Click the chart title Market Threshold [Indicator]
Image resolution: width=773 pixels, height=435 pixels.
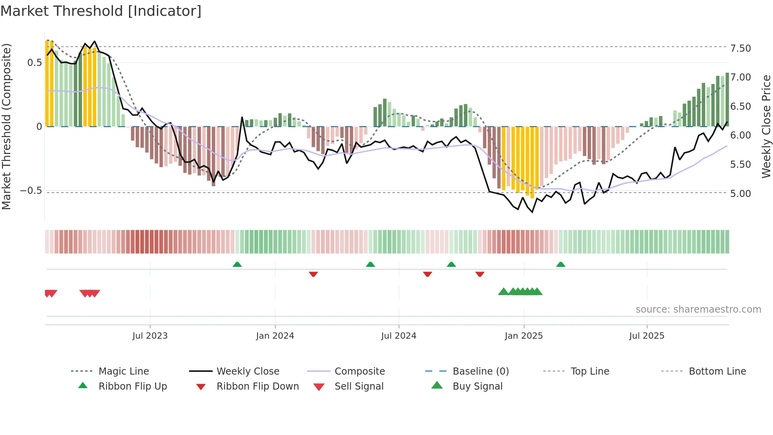click(101, 11)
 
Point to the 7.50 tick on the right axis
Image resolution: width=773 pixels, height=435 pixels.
click(740, 48)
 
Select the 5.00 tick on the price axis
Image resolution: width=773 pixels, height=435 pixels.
click(740, 193)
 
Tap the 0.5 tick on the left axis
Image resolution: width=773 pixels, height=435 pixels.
click(34, 63)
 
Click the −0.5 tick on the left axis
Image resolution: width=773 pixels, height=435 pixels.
click(31, 191)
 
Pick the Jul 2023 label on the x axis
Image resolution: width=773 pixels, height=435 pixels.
click(150, 336)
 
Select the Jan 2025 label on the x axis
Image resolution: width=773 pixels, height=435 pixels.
click(523, 336)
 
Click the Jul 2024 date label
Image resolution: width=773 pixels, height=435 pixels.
click(398, 336)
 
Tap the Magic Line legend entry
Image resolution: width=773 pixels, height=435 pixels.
click(123, 371)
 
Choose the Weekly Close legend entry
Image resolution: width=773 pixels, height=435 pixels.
click(248, 371)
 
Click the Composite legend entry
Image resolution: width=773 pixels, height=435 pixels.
click(359, 371)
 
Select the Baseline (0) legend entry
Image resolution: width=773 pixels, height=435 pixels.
click(480, 371)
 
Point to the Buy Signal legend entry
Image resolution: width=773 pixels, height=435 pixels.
click(477, 386)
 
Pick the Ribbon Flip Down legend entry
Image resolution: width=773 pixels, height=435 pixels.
click(258, 386)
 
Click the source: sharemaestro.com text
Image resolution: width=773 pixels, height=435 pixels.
click(698, 309)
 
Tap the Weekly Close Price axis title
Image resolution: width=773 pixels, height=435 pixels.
click(766, 126)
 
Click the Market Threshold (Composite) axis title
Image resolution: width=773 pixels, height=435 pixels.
click(6, 126)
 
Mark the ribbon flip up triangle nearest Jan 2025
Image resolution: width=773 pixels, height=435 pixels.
click(560, 264)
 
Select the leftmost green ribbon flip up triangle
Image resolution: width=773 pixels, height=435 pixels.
click(237, 264)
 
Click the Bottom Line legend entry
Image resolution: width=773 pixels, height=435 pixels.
click(717, 371)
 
